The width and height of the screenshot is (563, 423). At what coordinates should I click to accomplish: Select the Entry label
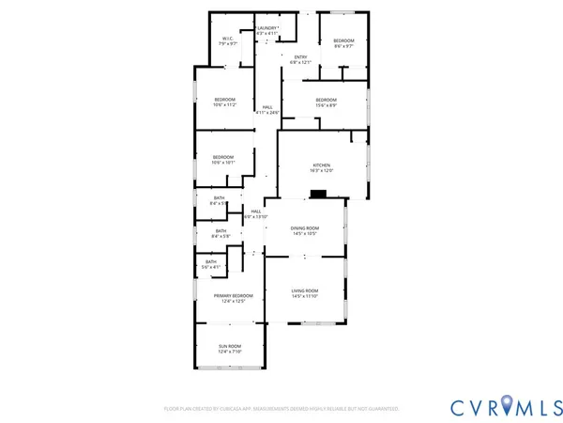click(300, 59)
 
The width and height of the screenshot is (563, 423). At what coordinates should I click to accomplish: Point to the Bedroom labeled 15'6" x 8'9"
click(326, 102)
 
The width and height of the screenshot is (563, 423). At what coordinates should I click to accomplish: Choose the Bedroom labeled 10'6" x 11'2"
click(224, 102)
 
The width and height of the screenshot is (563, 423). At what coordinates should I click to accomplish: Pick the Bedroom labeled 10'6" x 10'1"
click(222, 159)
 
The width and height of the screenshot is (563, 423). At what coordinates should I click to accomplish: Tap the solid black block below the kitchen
click(319, 195)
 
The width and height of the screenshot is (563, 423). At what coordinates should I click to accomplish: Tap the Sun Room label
click(230, 349)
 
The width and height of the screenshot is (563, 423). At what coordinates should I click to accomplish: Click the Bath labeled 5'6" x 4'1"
click(211, 264)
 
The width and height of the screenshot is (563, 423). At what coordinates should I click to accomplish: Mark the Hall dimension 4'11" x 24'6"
click(267, 113)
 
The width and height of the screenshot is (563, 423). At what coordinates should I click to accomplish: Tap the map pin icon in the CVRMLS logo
click(509, 406)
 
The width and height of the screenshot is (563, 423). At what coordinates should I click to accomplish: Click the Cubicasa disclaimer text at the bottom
click(281, 409)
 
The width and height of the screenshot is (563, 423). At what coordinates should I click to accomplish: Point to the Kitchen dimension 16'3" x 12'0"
click(322, 171)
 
